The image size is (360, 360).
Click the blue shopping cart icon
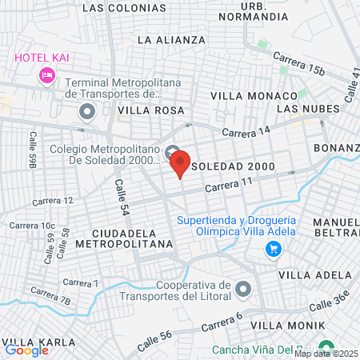tap(274, 249)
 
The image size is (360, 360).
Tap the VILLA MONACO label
tap(242, 95)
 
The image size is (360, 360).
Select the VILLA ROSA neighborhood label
tap(151, 110)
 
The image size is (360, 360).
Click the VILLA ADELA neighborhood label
tap(315, 274)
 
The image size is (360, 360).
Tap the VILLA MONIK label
tap(288, 326)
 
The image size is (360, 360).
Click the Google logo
tap(26, 350)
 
